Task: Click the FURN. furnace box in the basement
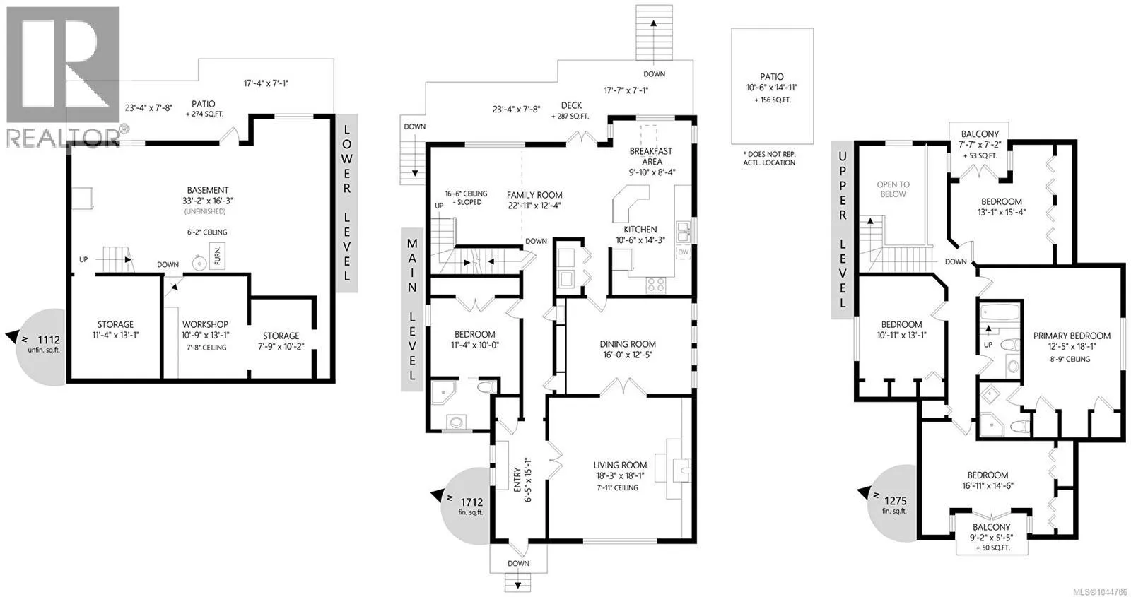click(x=217, y=255)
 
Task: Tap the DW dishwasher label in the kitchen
click(x=683, y=252)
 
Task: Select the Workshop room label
click(x=205, y=324)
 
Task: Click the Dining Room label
click(x=628, y=344)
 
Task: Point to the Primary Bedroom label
click(x=1072, y=336)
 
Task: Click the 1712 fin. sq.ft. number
click(x=471, y=502)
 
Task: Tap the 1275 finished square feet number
click(x=895, y=501)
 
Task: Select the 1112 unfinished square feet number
click(x=49, y=340)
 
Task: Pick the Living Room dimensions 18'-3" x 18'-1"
click(x=620, y=476)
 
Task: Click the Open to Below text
click(x=893, y=189)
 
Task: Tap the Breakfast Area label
click(x=651, y=156)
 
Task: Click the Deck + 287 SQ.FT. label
click(x=571, y=110)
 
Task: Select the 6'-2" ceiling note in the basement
click(x=207, y=232)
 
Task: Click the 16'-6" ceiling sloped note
click(x=466, y=198)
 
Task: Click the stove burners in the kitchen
click(x=656, y=285)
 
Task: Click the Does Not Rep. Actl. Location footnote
click(x=769, y=158)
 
